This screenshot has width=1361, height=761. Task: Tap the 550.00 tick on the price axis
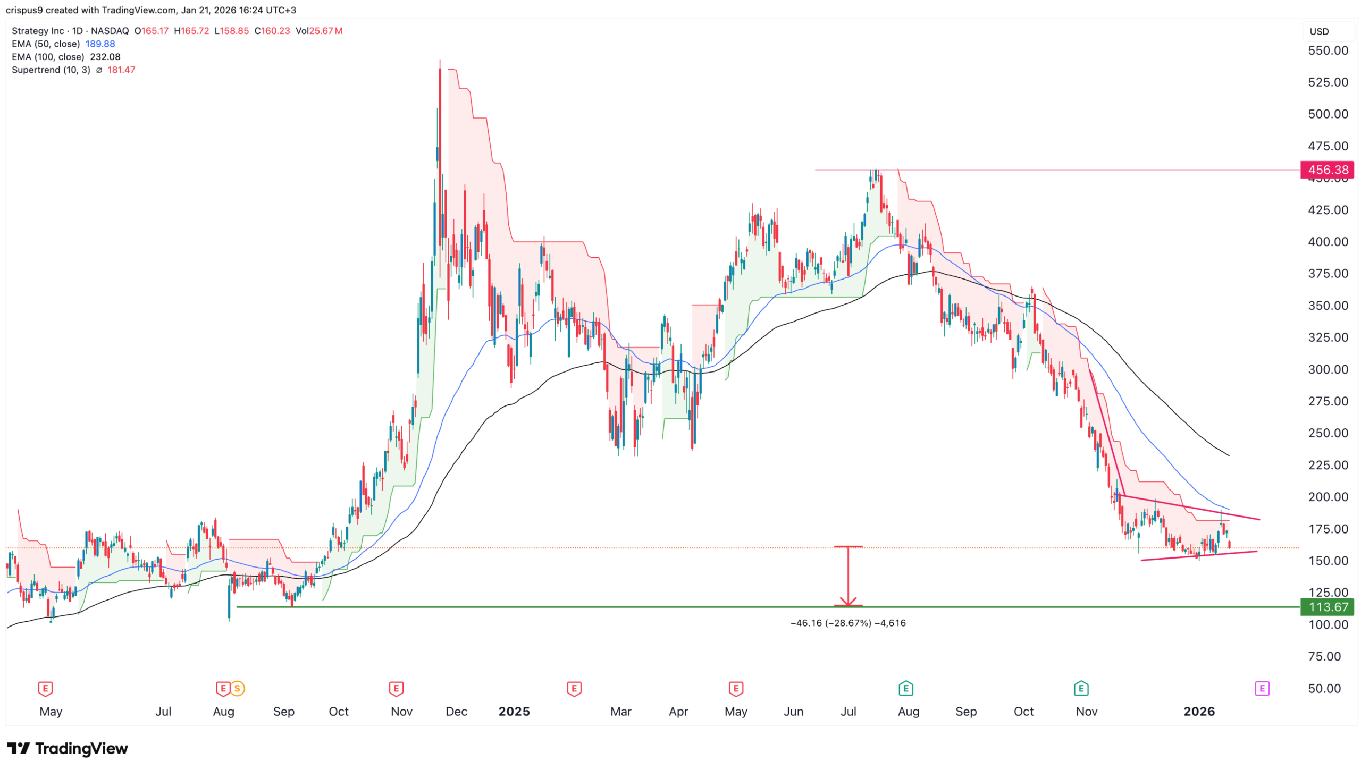[1328, 50]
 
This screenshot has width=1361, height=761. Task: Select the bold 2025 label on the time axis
[514, 711]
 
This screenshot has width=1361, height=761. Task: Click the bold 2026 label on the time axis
[1198, 711]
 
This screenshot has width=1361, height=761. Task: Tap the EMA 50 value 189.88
[100, 44]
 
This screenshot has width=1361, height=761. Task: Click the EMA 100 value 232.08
[105, 57]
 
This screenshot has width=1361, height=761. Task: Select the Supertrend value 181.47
[121, 70]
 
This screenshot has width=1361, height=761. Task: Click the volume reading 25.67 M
[325, 31]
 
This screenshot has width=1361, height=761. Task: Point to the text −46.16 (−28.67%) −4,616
[847, 623]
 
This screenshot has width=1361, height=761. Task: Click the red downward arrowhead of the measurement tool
[848, 602]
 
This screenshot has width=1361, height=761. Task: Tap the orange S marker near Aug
[237, 689]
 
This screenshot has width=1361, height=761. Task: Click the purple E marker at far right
[1262, 689]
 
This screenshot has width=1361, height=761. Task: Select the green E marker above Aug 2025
[905, 689]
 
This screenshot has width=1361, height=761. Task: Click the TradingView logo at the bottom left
[68, 748]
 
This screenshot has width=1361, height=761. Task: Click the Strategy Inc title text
[38, 31]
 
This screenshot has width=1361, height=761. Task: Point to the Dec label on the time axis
[456, 711]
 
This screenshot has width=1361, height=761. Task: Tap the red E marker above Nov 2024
[396, 689]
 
